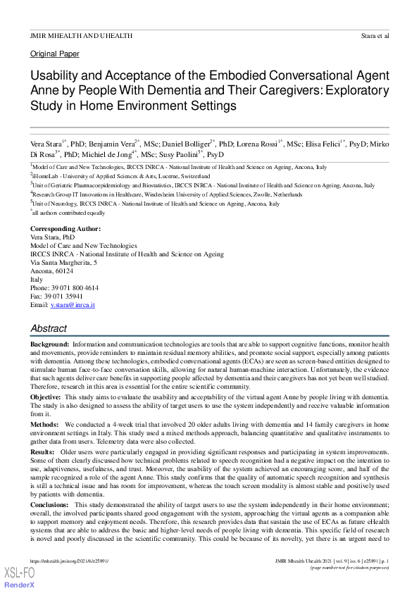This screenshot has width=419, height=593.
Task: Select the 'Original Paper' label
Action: (x=55, y=54)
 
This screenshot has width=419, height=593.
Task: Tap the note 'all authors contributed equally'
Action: (x=69, y=212)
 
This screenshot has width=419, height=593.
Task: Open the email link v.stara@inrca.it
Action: (x=73, y=305)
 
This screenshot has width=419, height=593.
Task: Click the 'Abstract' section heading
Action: (x=49, y=328)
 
